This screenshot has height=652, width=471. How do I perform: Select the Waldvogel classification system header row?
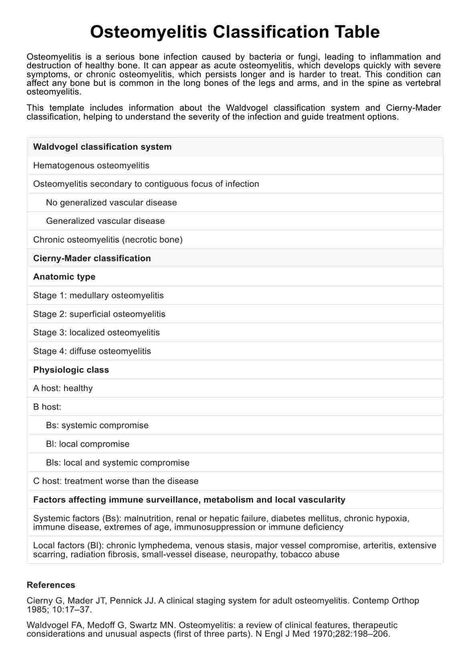click(x=102, y=147)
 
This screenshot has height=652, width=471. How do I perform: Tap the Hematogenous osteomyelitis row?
click(x=91, y=165)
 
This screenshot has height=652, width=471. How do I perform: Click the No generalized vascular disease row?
click(x=111, y=202)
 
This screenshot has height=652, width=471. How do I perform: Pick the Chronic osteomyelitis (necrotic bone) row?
click(x=108, y=240)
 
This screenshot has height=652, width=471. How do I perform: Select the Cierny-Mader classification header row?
click(x=92, y=258)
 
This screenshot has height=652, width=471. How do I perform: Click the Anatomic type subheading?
click(x=64, y=277)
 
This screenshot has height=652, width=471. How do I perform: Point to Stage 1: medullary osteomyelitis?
click(x=99, y=295)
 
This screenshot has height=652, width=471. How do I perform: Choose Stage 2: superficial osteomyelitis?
click(x=99, y=314)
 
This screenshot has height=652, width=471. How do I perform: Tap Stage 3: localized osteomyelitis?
click(x=97, y=332)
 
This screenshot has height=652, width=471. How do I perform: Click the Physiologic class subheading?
click(x=71, y=370)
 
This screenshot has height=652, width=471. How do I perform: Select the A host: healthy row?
click(x=63, y=388)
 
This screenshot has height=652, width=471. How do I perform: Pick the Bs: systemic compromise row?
click(x=97, y=425)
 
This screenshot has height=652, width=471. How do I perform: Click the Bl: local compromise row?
click(x=88, y=444)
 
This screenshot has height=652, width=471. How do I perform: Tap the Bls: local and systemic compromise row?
click(x=118, y=462)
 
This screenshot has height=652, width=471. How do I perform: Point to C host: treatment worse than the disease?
click(x=116, y=481)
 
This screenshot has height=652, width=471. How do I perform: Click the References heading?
click(x=51, y=585)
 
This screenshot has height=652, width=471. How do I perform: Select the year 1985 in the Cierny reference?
click(x=36, y=610)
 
